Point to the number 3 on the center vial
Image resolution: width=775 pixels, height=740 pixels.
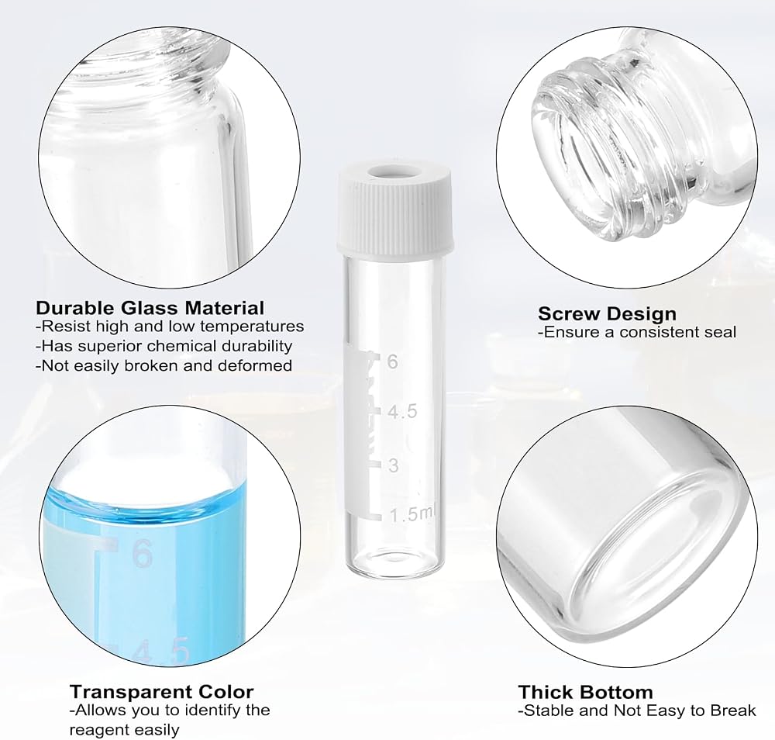click(x=394, y=465)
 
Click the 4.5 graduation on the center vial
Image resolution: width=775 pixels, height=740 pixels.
click(x=402, y=412)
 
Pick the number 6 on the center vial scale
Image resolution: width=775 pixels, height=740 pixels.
click(x=392, y=361)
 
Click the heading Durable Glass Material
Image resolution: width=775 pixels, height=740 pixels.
click(x=150, y=308)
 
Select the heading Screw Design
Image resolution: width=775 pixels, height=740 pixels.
click(x=607, y=313)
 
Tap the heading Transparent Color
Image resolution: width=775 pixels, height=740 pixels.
click(x=162, y=691)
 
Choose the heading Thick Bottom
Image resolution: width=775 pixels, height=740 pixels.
click(x=586, y=692)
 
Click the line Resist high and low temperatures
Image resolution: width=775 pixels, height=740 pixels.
click(x=170, y=327)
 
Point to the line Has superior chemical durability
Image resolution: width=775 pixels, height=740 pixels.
click(x=164, y=346)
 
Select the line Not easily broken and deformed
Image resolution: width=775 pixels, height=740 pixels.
click(x=164, y=365)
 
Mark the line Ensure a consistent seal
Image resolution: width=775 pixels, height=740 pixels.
click(x=637, y=332)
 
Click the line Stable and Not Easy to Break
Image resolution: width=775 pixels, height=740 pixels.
click(x=637, y=711)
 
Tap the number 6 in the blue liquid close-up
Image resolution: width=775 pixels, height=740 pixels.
click(x=143, y=554)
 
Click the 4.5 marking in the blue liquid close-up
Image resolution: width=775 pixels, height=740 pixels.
click(x=162, y=652)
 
